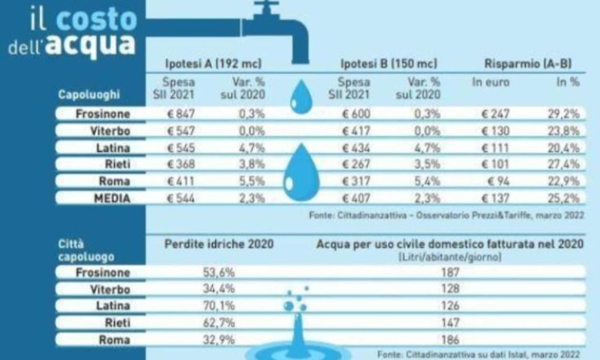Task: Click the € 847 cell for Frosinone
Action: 178,114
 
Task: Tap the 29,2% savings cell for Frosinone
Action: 563,114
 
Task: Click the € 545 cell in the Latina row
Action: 178,148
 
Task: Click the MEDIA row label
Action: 112,198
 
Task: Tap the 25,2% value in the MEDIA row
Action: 563,198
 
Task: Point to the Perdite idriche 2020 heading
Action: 219,244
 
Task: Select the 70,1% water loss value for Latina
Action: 219,306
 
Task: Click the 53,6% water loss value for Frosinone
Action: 219,272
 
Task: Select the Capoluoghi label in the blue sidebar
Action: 89,95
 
